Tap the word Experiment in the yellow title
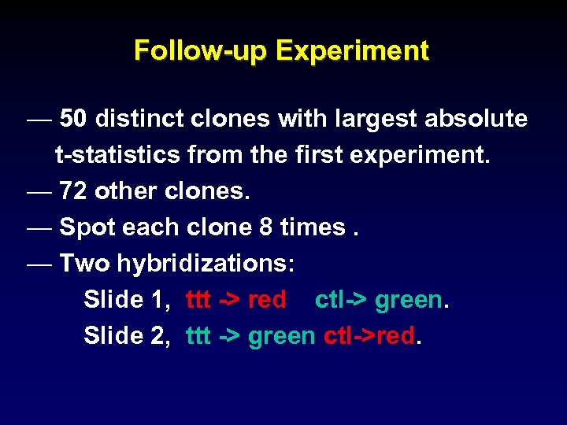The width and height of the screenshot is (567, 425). coord(353,51)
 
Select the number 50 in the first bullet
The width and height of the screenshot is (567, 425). coord(73,119)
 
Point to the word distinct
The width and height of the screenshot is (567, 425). coord(138,119)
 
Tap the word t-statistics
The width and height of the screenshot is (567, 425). coord(117,155)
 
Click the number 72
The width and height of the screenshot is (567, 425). coord(73,191)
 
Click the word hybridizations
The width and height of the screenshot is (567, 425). coord(206,264)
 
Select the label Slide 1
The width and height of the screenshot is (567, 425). coord(122,300)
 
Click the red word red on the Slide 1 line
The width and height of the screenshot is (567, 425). coord(267,300)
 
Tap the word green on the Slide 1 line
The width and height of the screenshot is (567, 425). coord(408,300)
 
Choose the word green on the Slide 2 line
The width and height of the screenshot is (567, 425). coord(281,336)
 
